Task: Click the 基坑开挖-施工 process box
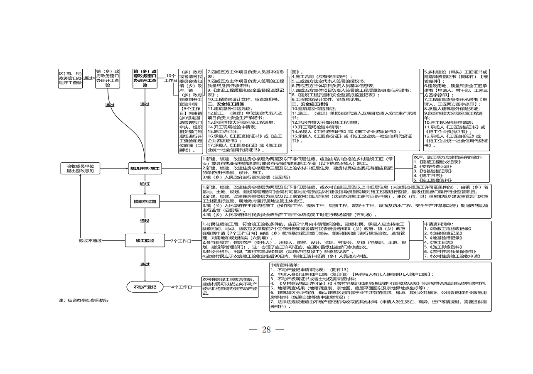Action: (x=145, y=169)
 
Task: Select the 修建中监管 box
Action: (x=145, y=202)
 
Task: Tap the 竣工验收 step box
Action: (x=145, y=240)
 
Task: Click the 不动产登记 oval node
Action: (x=145, y=287)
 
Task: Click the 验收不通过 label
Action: (x=90, y=240)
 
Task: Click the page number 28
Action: (x=266, y=330)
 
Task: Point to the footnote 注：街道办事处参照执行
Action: (x=84, y=300)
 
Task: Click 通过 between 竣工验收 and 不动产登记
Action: (x=145, y=264)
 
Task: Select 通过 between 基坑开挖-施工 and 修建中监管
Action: (x=145, y=183)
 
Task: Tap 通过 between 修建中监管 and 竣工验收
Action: (x=145, y=221)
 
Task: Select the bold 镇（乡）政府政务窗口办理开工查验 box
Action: (x=145, y=78)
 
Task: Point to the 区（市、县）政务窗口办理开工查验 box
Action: (x=70, y=78)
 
